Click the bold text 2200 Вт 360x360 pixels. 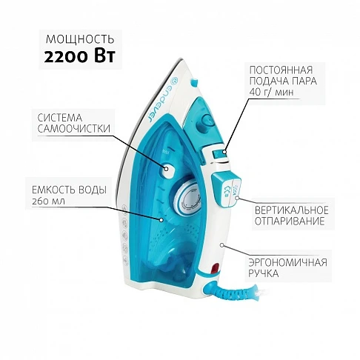[x=79, y=57]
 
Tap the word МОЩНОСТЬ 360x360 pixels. [x=80, y=39]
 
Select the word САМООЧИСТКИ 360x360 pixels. [x=74, y=129]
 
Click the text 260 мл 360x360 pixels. [x=48, y=201]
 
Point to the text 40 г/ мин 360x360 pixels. [x=271, y=92]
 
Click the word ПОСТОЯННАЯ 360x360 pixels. [x=281, y=70]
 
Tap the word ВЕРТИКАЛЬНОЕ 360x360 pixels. [x=292, y=210]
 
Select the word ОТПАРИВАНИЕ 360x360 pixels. [x=290, y=221]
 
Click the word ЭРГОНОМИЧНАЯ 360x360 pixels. [x=287, y=262]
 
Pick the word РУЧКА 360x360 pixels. [x=264, y=273]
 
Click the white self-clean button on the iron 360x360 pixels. [x=168, y=169]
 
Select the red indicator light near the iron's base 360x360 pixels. [x=214, y=267]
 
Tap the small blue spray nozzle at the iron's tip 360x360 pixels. [x=194, y=82]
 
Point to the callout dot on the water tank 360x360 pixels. [x=161, y=220]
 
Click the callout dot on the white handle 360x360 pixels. [x=221, y=245]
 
